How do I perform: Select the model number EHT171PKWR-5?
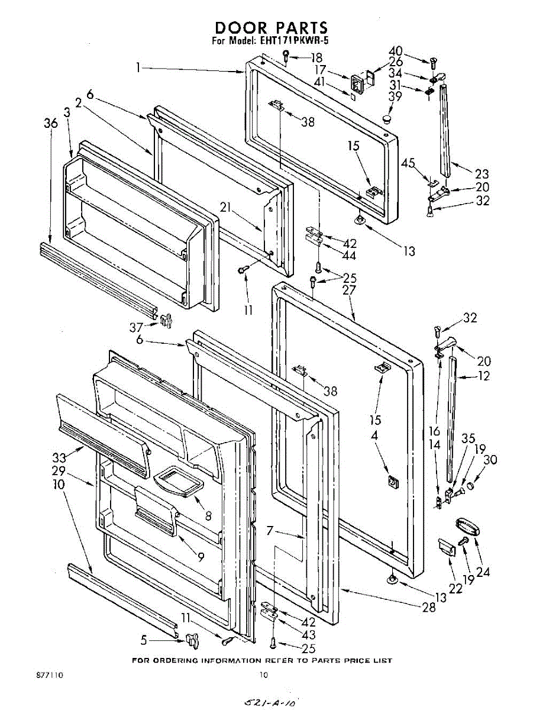click(294, 41)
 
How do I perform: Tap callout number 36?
click(51, 123)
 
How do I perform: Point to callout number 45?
click(408, 163)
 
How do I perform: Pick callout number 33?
click(59, 457)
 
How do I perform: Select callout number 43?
click(308, 635)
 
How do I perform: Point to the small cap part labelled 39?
click(388, 119)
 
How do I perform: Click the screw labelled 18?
click(286, 57)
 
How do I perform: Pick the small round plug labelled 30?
click(471, 486)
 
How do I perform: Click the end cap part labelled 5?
click(190, 640)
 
